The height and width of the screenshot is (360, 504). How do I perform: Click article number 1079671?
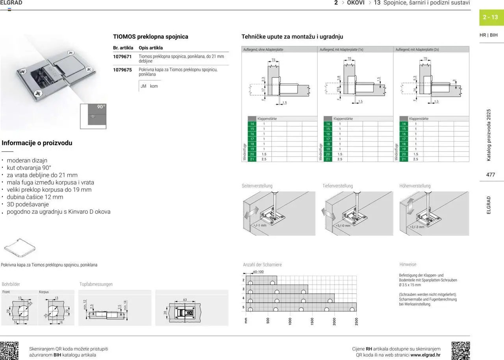tap(122, 57)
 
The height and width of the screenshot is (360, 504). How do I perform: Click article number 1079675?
tap(122, 70)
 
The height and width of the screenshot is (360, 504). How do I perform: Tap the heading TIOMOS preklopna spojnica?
tap(150, 37)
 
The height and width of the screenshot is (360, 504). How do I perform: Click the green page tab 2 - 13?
tap(491, 17)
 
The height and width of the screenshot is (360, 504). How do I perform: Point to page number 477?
tap(491, 175)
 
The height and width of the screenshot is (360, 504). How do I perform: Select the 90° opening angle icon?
tap(93, 116)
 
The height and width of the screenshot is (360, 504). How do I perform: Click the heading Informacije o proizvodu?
tap(37, 143)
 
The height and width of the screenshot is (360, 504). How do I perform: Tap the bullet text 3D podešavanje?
tap(28, 204)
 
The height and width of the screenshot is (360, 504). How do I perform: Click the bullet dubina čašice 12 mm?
tap(35, 197)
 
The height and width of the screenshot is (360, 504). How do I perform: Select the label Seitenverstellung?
tap(257, 186)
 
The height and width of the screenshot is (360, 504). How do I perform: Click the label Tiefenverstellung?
tap(337, 186)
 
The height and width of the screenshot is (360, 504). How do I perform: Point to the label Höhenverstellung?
tap(415, 186)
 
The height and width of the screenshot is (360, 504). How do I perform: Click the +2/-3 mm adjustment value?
tap(417, 227)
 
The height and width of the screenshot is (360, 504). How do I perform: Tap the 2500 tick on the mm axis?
tap(356, 321)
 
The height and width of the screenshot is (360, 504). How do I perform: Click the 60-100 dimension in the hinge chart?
tap(258, 272)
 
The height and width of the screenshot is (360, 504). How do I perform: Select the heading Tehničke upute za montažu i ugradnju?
tap(292, 37)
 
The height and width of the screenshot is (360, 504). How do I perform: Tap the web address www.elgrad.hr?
tap(425, 355)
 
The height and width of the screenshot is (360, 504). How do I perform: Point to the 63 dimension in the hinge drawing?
tap(185, 300)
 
